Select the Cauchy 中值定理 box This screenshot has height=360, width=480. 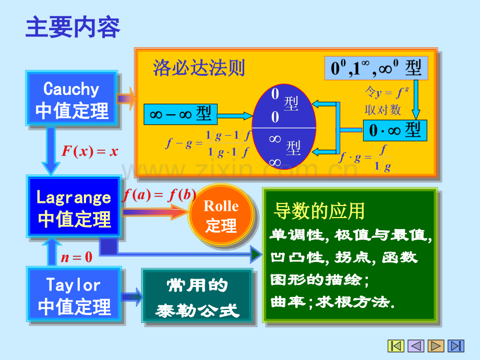(72, 100)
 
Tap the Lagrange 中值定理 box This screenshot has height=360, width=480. (74, 207)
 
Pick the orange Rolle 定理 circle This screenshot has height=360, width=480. (221, 215)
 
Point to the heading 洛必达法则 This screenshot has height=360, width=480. (199, 68)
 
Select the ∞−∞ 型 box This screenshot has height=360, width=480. (180, 114)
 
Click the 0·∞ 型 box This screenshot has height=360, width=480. (394, 130)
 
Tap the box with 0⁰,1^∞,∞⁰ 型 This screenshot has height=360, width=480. (376, 68)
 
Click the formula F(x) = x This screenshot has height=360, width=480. (90, 152)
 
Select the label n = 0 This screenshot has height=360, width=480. (76, 256)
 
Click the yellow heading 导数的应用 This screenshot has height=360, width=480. (319, 211)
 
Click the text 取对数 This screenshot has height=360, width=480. (382, 110)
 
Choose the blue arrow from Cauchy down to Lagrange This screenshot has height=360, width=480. (51, 150)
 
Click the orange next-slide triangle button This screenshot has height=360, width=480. (436, 345)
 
